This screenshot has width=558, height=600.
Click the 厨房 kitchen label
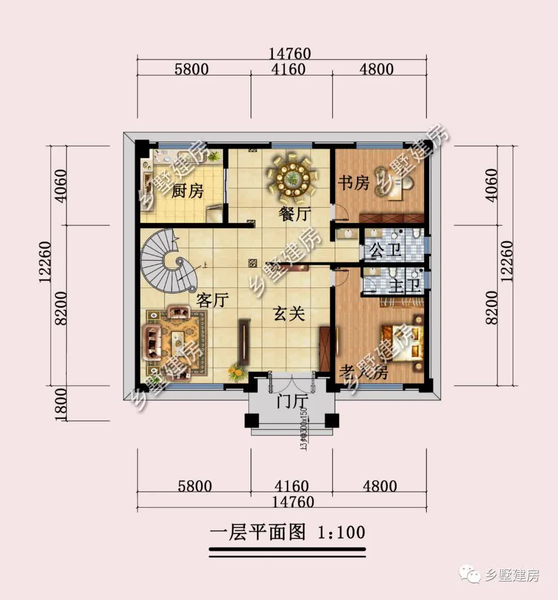pos(187,191)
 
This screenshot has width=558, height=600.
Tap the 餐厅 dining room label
pos(295,214)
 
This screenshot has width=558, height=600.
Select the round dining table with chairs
pos(292,179)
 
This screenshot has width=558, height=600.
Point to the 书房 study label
pos(354,182)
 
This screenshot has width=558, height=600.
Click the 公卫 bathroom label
pos(385,251)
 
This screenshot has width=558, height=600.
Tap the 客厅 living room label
pos(212,299)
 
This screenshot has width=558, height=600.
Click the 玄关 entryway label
pos(289,313)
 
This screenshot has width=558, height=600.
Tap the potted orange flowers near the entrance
pos(236,372)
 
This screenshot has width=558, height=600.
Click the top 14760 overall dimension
pos(289,53)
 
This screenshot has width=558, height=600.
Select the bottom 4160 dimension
pos(291,486)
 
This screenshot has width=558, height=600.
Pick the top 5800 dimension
pos(191,69)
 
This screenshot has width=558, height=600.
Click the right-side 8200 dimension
pos(491,307)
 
